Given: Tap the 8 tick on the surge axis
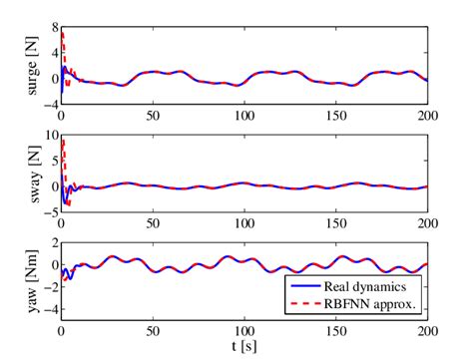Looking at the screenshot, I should (51, 16).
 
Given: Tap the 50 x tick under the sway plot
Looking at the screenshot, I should (152, 219).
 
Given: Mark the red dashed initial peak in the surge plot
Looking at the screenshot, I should (63, 33).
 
